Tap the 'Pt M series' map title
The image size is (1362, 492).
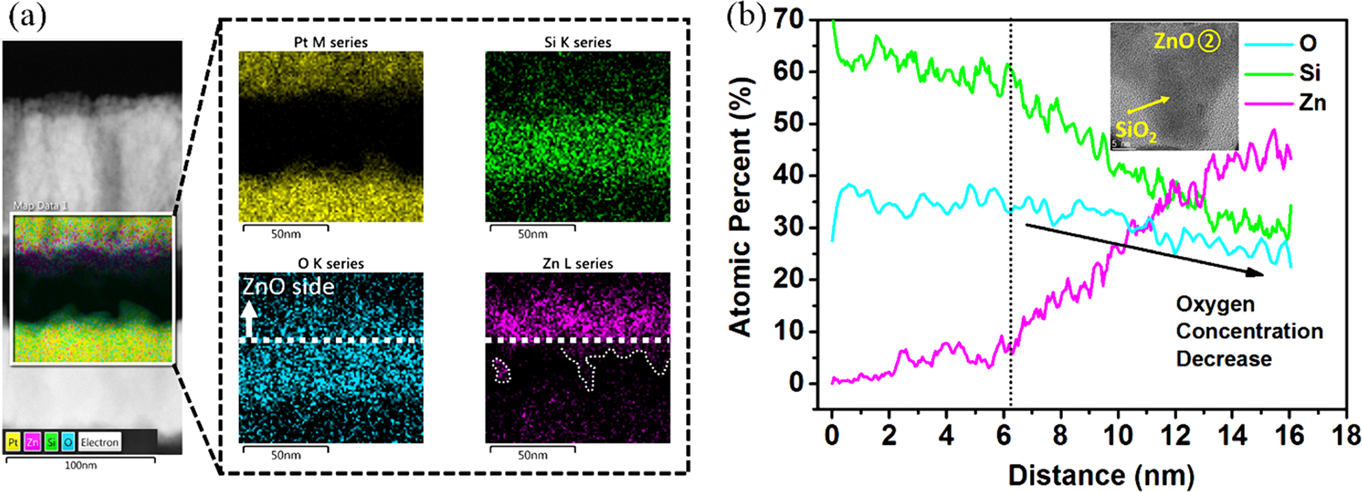[x=330, y=42]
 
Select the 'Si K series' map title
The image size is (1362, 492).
[x=578, y=42]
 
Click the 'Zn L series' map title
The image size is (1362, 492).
[x=578, y=264]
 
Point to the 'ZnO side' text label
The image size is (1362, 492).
[x=288, y=286]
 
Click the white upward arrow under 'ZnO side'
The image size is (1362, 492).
[x=249, y=319]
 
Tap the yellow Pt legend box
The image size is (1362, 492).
[x=13, y=443]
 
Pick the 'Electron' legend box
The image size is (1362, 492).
[x=100, y=443]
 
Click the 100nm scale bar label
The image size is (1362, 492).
[x=81, y=466]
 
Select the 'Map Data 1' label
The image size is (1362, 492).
[x=40, y=205]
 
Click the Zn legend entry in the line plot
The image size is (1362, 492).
[x=1311, y=103]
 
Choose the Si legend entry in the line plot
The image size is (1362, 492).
[x=1309, y=73]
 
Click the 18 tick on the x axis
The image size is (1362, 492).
[x=1346, y=435]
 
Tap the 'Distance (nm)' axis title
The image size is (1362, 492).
[x=1101, y=476]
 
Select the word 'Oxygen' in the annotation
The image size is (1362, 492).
[x=1215, y=304]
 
